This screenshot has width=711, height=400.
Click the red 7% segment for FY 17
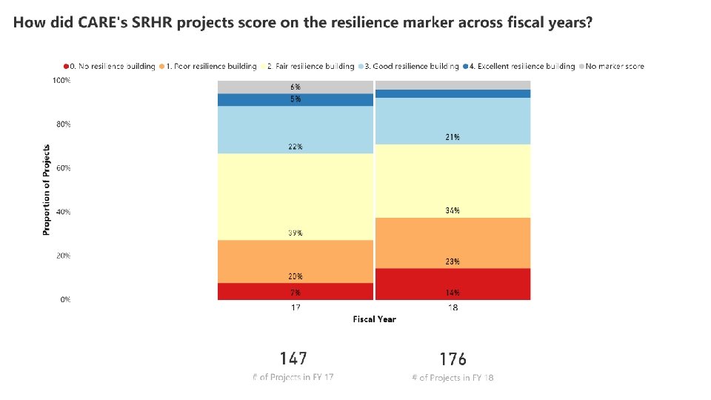[x=296, y=291]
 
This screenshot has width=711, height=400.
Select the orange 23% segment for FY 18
[x=453, y=243]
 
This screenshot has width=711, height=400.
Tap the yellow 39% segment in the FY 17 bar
[x=296, y=196]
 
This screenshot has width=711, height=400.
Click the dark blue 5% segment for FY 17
[x=296, y=100]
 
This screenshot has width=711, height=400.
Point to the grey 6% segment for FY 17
[x=296, y=87]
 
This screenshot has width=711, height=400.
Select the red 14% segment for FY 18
[x=453, y=284]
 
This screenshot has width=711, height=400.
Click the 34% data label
[x=453, y=210]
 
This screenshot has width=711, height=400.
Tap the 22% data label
[x=296, y=147]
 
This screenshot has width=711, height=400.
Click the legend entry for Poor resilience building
[x=211, y=66]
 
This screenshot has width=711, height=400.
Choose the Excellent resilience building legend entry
[x=522, y=66]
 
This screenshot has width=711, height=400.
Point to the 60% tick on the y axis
[x=65, y=168]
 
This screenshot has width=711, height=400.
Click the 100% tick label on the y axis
[x=61, y=80]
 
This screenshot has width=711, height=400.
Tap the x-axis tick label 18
[x=453, y=307]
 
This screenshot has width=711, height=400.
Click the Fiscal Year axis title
[x=374, y=319]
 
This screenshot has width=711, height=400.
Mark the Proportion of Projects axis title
[x=47, y=190]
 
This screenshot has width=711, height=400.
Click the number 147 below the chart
[x=293, y=359]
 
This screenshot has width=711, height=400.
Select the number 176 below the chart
[x=453, y=359]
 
